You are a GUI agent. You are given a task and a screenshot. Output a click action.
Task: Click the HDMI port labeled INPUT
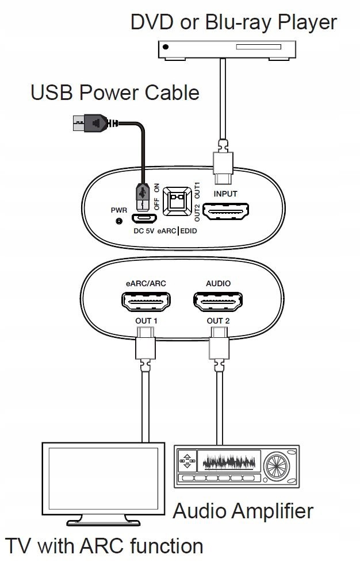pyautogui.click(x=225, y=211)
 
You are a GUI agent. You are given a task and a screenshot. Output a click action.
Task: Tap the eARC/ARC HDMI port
pyautogui.click(x=145, y=301)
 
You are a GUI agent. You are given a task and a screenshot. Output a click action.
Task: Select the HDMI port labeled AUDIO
pyautogui.click(x=218, y=301)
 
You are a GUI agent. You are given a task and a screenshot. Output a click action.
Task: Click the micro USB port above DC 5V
pyautogui.click(x=144, y=218)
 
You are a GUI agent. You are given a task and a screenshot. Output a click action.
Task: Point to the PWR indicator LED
pyautogui.click(x=118, y=220)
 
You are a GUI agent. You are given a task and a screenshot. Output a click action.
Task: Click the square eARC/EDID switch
pyautogui.click(x=177, y=201)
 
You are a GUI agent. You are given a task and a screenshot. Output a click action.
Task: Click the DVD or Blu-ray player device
pyautogui.click(x=227, y=50)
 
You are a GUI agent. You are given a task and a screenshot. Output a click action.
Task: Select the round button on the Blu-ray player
pyautogui.click(x=166, y=47)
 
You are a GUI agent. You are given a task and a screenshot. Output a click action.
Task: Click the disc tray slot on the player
pyautogui.click(x=258, y=47)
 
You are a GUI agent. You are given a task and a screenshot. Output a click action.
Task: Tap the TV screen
pyautogui.click(x=104, y=478)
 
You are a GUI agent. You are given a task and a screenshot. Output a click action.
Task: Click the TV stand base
pyautogui.click(x=104, y=522)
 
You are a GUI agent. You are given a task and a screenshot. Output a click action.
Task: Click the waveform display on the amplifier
pyautogui.click(x=229, y=461)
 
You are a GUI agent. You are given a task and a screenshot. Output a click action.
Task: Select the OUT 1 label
pyautogui.click(x=146, y=321)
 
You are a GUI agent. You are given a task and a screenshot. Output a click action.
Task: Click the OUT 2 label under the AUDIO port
pyautogui.click(x=219, y=321)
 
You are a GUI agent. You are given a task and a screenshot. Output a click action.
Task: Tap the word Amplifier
pyautogui.click(x=273, y=511)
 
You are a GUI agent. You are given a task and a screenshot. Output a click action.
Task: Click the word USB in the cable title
pyautogui.click(x=52, y=93)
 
